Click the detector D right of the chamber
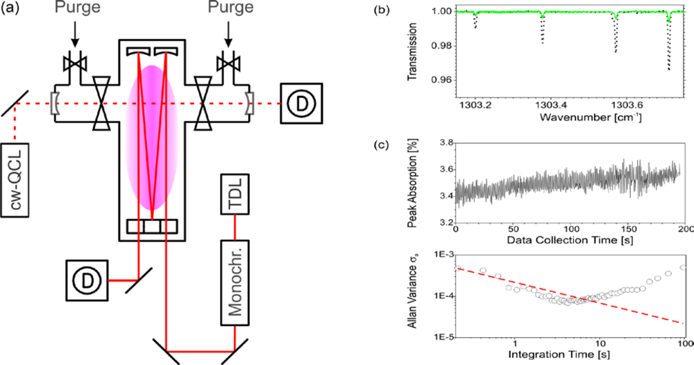coord(301,104)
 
